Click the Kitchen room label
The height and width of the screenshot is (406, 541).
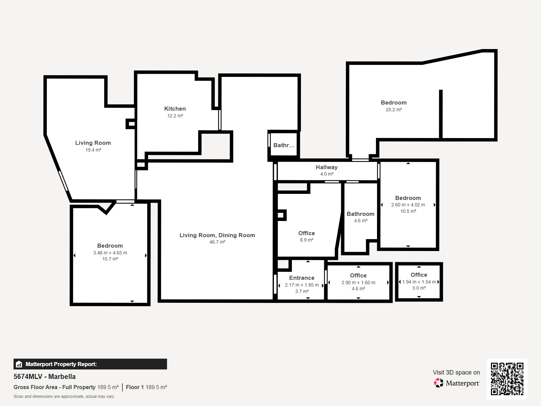click(x=175, y=109)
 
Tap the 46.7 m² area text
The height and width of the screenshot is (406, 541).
click(x=217, y=242)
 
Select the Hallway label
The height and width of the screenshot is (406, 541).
click(x=327, y=167)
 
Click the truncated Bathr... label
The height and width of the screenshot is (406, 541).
click(x=284, y=145)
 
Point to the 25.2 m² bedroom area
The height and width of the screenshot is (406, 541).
click(x=394, y=110)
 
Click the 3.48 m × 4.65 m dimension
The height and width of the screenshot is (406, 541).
click(x=110, y=253)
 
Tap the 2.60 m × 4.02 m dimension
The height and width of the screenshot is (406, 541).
click(x=408, y=205)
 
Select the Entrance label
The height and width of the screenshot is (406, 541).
click(x=302, y=278)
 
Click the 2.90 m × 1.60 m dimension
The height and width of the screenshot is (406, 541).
click(x=358, y=283)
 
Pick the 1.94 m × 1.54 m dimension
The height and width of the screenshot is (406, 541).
click(x=419, y=282)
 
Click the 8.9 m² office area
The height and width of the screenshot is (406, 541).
click(x=307, y=240)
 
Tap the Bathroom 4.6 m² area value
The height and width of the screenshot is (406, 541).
click(x=360, y=221)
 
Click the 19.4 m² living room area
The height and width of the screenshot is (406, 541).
click(x=93, y=150)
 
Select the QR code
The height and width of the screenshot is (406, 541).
click(x=507, y=379)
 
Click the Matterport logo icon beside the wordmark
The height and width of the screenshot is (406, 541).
click(x=439, y=383)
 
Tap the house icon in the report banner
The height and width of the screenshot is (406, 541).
click(x=19, y=364)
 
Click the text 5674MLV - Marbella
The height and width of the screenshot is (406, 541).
click(x=45, y=377)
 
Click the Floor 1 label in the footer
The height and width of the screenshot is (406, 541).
click(x=135, y=387)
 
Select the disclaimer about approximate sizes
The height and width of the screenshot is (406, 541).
click(x=64, y=397)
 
